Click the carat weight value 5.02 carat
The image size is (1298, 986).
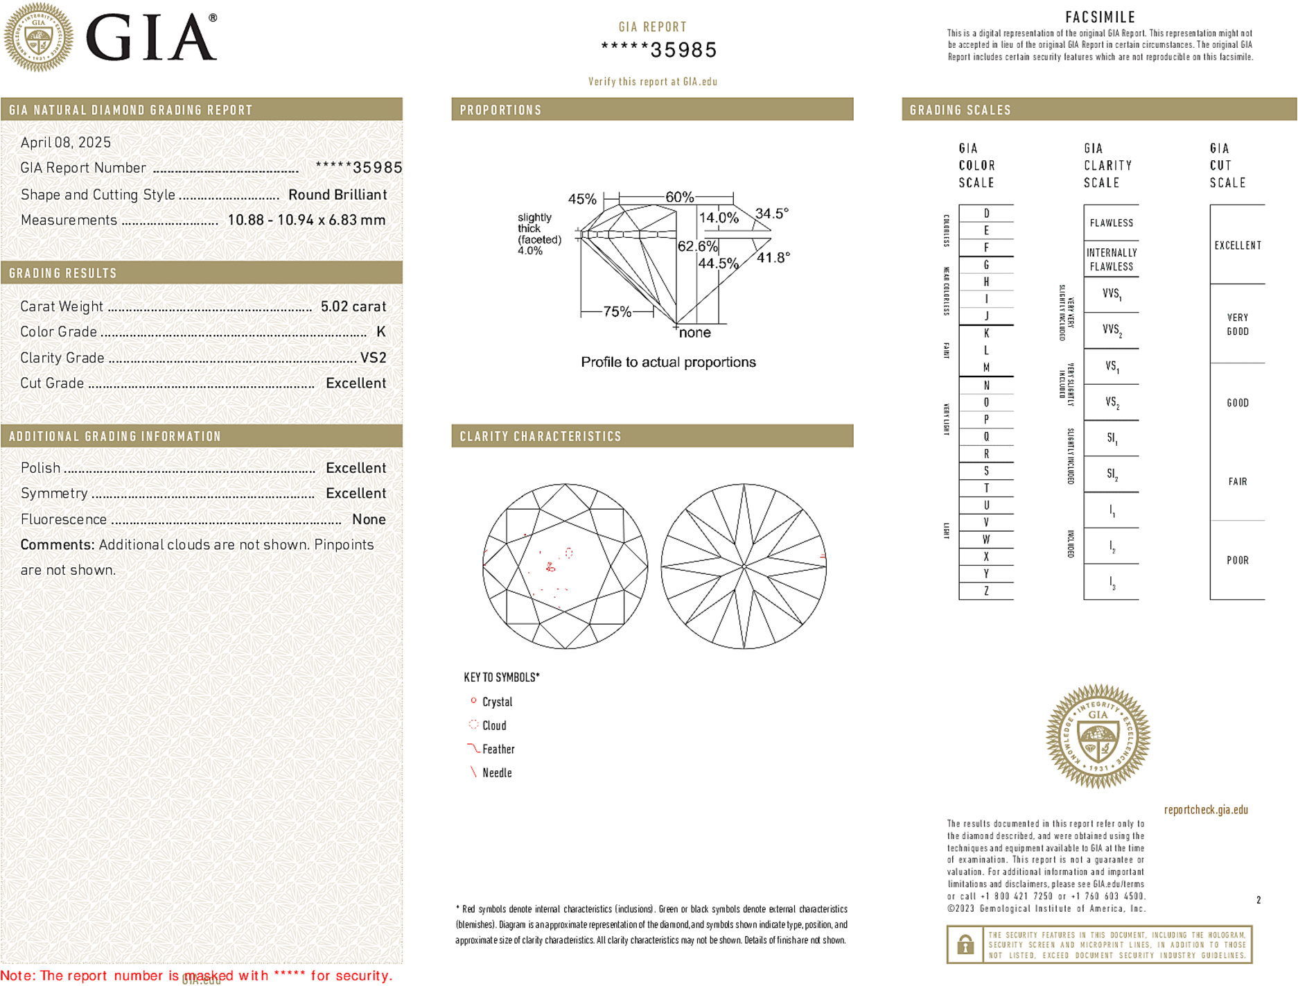353,306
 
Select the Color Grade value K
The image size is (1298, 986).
380,332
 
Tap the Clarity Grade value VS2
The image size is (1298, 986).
373,358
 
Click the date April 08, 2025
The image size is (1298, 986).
66,143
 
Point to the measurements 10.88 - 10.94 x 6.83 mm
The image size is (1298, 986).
306,220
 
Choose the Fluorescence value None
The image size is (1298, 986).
369,519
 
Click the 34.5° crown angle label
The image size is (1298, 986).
771,214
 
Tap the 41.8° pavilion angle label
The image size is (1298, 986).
773,258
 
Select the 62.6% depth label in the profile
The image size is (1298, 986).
697,246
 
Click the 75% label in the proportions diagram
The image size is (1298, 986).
617,312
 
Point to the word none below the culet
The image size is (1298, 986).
694,333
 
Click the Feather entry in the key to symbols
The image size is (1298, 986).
498,750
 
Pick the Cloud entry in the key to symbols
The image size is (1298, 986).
494,726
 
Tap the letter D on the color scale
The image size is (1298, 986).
986,214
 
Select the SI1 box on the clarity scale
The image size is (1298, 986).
1112,438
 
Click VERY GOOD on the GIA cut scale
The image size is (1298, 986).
1237,325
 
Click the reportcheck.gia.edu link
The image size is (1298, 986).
1205,810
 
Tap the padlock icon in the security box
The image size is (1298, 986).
965,944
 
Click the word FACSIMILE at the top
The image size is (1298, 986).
1100,17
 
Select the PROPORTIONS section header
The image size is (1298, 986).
500,110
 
